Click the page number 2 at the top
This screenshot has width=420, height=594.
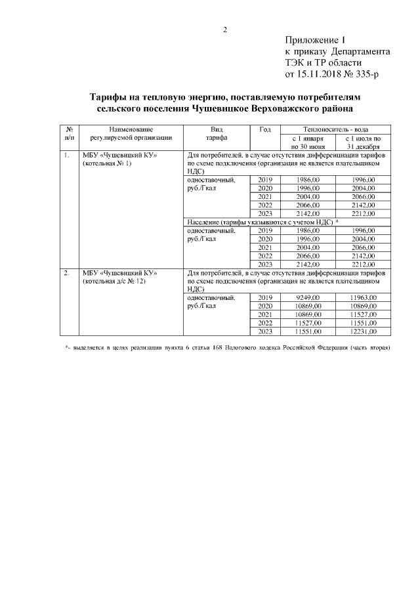225,29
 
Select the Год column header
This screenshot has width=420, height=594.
265,130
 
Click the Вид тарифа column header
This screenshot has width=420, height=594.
217,134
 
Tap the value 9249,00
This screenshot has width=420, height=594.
307,297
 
